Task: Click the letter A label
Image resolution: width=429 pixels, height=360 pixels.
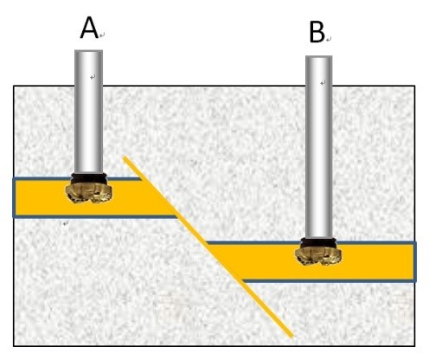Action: [x=89, y=28]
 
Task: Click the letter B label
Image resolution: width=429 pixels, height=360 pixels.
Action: [x=317, y=33]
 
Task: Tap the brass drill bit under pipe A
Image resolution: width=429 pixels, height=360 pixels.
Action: [x=89, y=193]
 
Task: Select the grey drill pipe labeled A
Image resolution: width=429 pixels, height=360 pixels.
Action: [x=88, y=112]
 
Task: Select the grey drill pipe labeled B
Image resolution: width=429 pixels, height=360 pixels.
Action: [x=318, y=147]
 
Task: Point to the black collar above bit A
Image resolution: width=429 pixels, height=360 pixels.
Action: [x=89, y=178]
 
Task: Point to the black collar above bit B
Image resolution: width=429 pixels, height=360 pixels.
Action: [x=318, y=243]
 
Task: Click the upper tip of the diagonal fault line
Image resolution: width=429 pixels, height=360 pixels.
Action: [x=125, y=157]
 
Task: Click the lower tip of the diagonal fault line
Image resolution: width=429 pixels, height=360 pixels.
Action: [x=291, y=336]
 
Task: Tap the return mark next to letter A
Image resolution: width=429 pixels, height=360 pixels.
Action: [x=102, y=35]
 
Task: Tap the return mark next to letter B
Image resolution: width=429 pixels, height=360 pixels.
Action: [x=329, y=39]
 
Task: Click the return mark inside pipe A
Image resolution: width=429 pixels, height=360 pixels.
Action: [x=93, y=77]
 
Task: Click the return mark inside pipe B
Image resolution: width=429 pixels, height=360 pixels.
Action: [x=323, y=83]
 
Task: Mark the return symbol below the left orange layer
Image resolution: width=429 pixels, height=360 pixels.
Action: [x=66, y=223]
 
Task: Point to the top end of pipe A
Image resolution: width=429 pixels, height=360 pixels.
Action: [x=88, y=51]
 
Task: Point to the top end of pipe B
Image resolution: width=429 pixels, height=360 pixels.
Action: [x=318, y=57]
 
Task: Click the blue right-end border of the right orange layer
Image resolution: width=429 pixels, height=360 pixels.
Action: [x=415, y=261]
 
